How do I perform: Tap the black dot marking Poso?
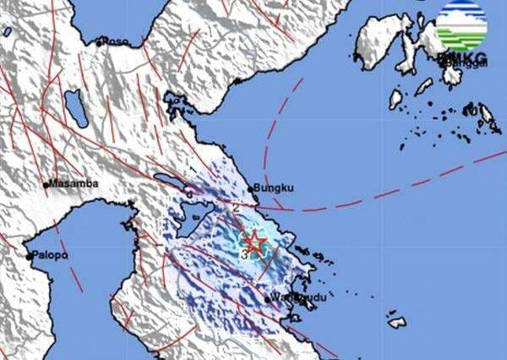point(100,41)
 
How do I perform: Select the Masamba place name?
point(74,183)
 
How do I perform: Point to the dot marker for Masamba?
point(46,184)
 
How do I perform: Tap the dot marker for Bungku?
point(256,189)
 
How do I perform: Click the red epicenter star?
point(253,243)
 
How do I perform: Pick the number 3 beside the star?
point(243,252)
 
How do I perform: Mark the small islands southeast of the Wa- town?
point(397,321)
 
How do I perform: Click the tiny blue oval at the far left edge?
point(7,30)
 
